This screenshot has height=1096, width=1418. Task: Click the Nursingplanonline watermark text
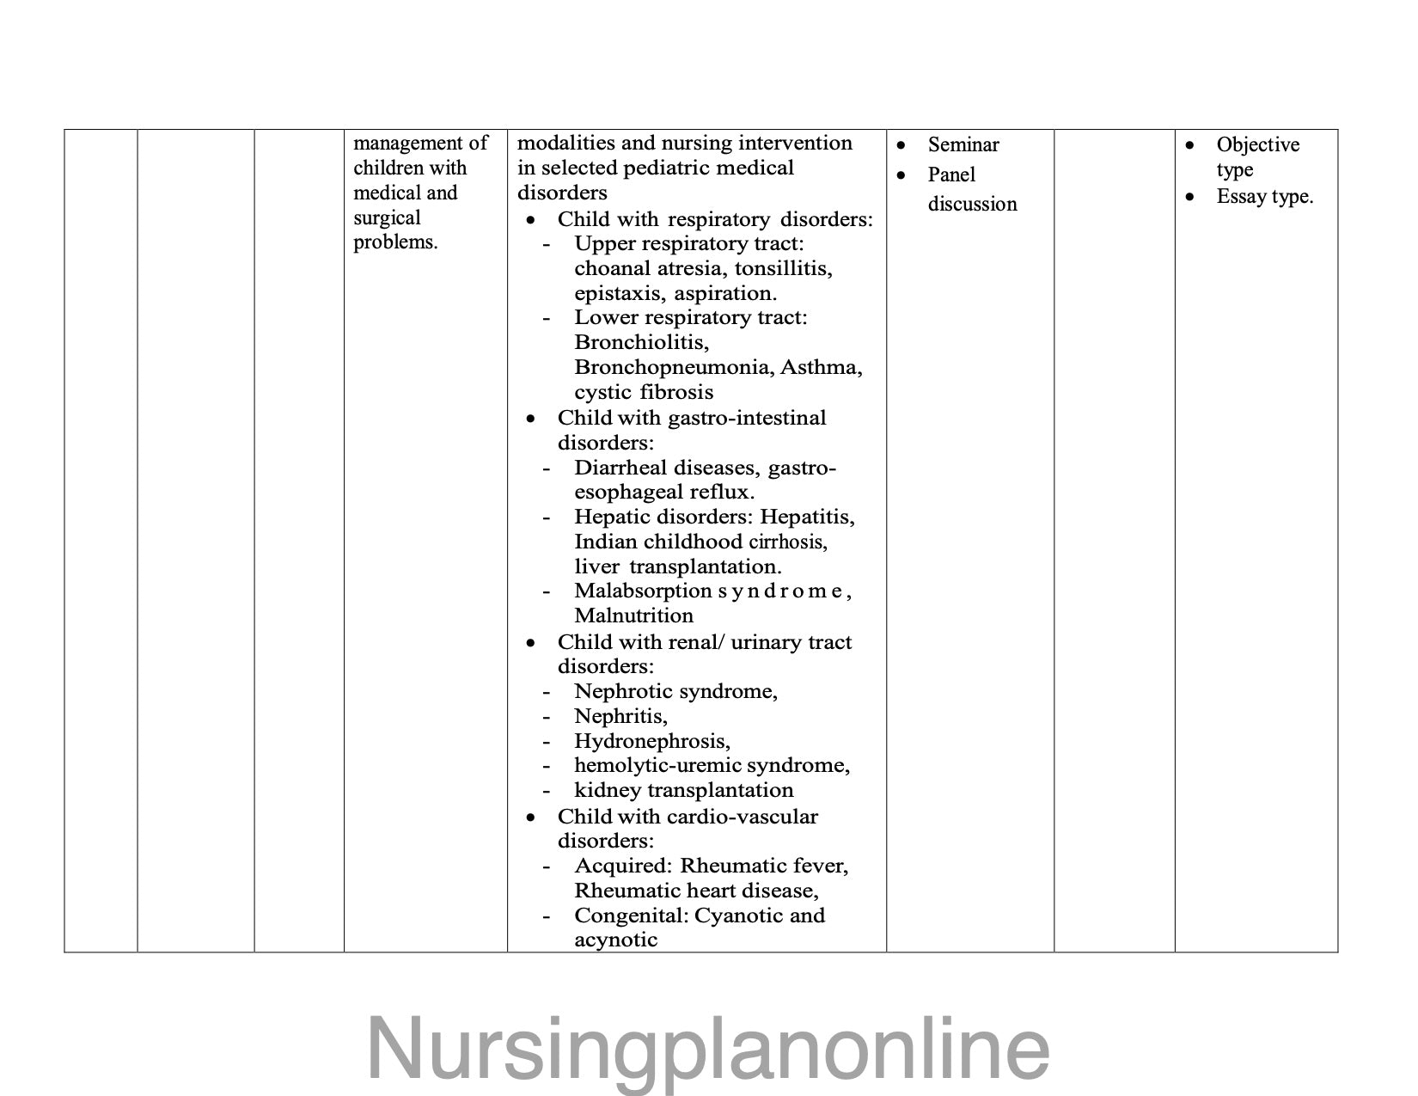tap(708, 1049)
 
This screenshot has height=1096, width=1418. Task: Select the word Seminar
tap(963, 144)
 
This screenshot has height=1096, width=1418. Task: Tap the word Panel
tap(951, 175)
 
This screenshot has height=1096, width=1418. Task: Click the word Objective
tap(1257, 144)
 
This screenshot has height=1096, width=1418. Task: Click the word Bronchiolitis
tap(641, 342)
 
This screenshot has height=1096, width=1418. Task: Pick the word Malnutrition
tap(633, 615)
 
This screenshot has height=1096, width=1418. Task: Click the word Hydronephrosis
tap(651, 741)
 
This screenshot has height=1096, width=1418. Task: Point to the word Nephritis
tap(620, 716)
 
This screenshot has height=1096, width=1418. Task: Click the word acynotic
tap(615, 940)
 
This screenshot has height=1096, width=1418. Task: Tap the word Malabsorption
tap(643, 591)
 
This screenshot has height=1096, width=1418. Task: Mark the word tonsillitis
tap(783, 268)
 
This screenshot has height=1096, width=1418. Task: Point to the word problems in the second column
tap(395, 242)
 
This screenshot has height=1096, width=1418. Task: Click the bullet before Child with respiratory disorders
tap(533, 221)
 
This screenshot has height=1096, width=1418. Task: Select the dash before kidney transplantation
tap(546, 791)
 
